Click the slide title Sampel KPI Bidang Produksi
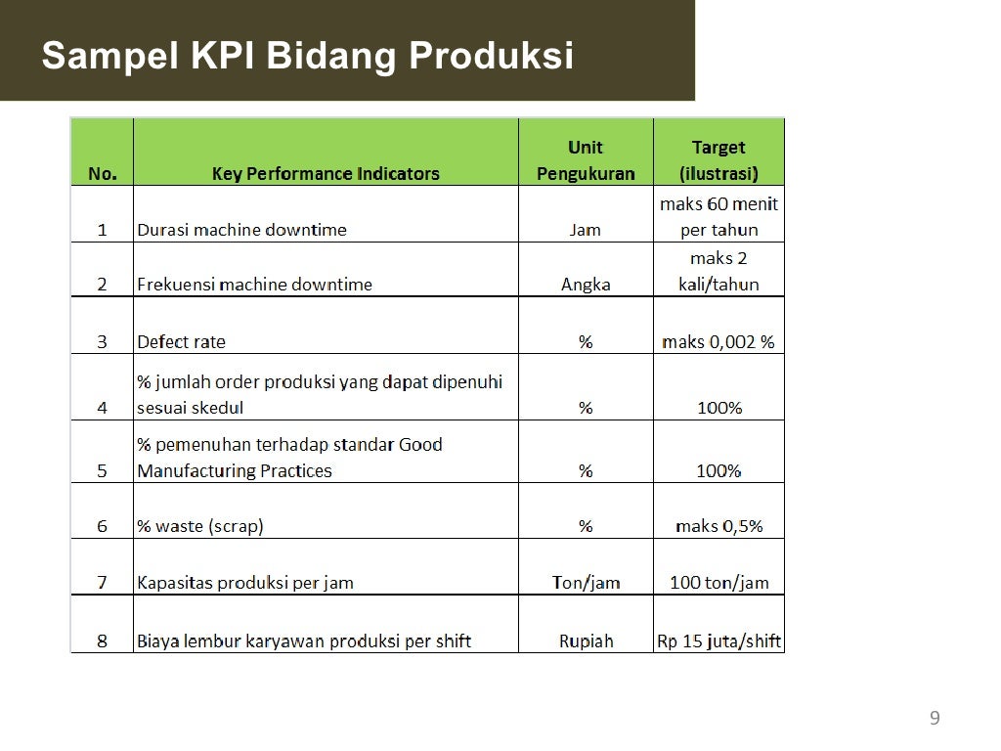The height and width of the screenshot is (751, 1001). (x=307, y=56)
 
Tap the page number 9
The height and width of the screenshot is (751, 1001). (x=935, y=719)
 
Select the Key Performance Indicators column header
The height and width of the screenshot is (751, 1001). (x=326, y=174)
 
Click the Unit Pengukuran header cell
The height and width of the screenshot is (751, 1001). (x=586, y=160)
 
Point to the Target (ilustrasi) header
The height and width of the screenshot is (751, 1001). (x=718, y=160)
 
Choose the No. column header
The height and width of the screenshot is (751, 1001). (x=102, y=174)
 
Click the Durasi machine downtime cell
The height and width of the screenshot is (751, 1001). (x=241, y=231)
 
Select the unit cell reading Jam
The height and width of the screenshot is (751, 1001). (x=586, y=231)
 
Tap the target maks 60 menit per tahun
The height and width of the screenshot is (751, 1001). (x=718, y=217)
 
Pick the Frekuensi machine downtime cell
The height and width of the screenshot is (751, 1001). (x=254, y=286)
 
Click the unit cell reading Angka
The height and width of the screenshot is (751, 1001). (x=586, y=286)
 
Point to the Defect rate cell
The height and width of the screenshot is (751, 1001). (x=181, y=342)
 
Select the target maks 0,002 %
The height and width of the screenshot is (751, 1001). (x=718, y=342)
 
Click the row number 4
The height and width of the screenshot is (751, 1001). (x=102, y=408)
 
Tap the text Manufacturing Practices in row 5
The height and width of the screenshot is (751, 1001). (x=235, y=471)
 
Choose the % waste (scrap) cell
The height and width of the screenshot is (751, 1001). (x=200, y=526)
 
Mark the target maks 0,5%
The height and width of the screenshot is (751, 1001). (x=718, y=526)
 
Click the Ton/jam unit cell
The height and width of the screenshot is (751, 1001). (x=586, y=583)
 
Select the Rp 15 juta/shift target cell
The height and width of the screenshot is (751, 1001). (x=718, y=641)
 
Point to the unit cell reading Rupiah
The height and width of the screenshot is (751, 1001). (x=586, y=641)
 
